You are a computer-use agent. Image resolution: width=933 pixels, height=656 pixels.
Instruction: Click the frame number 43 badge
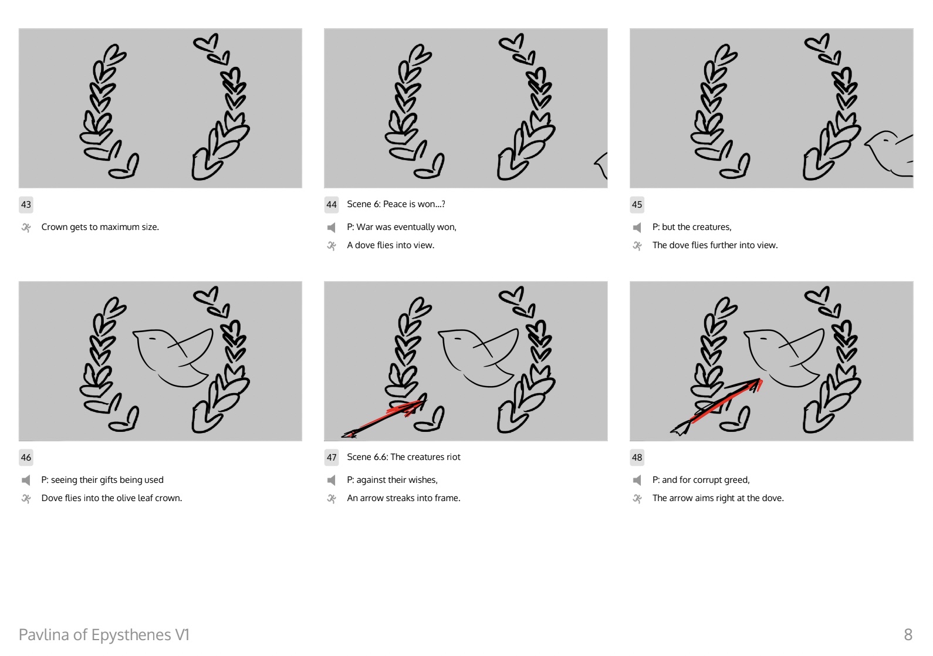point(26,205)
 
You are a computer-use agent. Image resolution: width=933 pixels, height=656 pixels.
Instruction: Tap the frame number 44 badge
point(332,205)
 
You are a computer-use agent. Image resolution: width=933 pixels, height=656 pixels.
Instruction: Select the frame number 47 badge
point(332,457)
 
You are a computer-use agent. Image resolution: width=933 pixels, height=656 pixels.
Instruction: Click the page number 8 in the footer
point(908,635)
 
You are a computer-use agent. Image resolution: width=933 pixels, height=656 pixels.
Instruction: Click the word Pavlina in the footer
point(44,635)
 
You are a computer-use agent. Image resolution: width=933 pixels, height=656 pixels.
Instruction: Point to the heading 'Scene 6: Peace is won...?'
point(396,204)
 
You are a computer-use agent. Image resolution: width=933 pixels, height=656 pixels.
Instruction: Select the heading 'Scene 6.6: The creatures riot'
point(404,457)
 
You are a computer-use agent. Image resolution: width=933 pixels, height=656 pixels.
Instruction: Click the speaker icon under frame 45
point(637,228)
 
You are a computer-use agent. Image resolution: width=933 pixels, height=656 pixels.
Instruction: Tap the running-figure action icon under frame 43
point(26,228)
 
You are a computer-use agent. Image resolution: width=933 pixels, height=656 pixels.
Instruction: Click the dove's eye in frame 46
point(151,338)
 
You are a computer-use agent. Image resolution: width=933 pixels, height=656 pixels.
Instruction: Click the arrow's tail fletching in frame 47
point(349,434)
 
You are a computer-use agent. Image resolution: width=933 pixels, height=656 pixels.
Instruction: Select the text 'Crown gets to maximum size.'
point(100,227)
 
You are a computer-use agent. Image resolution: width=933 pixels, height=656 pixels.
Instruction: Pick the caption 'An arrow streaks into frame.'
point(404,498)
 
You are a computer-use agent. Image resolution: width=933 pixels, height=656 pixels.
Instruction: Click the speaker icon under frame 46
point(26,480)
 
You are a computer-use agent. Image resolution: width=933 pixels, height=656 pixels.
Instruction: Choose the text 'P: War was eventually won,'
point(401,227)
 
